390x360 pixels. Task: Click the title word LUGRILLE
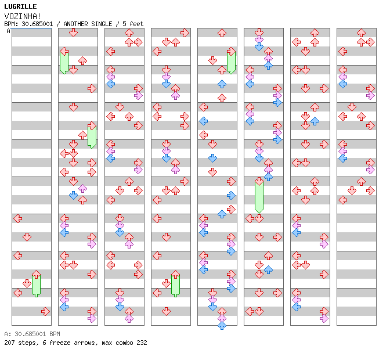tap(20, 6)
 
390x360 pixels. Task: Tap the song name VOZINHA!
tap(23, 16)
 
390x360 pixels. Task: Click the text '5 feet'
tap(133, 24)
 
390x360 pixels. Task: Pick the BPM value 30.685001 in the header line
tap(37, 24)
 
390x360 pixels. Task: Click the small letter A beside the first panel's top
tap(9, 31)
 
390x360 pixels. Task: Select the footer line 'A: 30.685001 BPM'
tap(32, 334)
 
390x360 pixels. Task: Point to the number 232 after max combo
tap(142, 343)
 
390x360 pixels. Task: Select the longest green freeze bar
tap(259, 196)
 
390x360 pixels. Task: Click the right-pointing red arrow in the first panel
tap(45, 311)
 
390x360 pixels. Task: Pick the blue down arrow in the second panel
tap(73, 195)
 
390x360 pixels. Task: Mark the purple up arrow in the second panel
tap(82, 188)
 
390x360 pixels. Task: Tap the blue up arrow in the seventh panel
tap(315, 121)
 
